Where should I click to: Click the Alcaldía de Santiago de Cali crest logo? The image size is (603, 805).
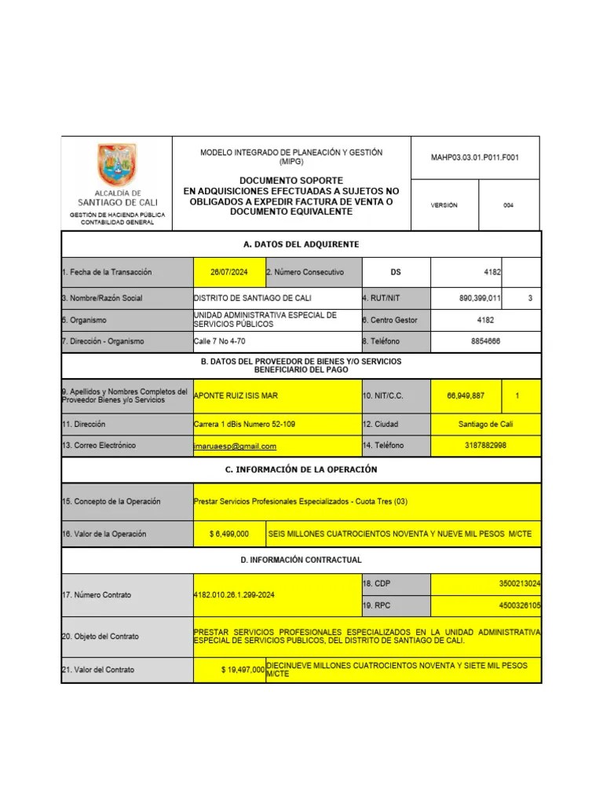(116, 165)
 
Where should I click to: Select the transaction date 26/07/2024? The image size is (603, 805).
(228, 272)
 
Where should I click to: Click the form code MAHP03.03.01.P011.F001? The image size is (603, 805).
(474, 157)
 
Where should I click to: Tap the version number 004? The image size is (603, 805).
(508, 205)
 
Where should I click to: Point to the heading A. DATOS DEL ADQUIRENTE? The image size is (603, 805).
(301, 244)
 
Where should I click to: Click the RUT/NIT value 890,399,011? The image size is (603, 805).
(481, 298)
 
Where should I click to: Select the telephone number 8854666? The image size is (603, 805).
(485, 341)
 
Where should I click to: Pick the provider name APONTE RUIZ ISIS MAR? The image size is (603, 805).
(236, 396)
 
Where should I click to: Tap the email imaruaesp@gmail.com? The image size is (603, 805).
(235, 446)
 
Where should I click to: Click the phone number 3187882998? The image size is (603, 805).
(485, 446)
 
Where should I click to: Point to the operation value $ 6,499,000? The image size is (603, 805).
(229, 534)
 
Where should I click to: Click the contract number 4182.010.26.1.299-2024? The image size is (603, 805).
(234, 595)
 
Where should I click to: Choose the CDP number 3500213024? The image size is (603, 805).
(519, 584)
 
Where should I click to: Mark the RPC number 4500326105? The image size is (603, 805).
(519, 606)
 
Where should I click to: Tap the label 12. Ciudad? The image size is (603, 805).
(380, 425)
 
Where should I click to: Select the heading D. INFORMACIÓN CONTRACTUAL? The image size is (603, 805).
(301, 560)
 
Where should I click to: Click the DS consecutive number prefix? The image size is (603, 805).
(395, 272)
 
